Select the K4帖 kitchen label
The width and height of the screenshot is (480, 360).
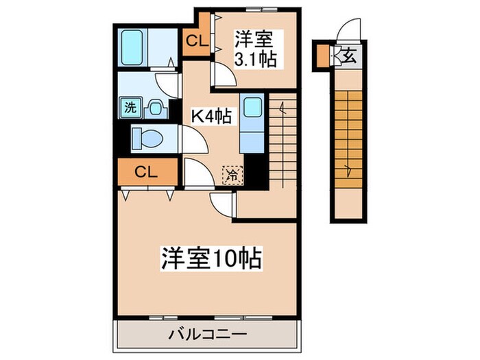coord(210,117)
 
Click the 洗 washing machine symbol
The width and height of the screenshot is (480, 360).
coord(129,107)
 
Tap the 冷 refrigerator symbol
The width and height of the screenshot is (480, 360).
coord(232,175)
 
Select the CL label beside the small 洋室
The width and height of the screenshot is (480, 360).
coord(195,41)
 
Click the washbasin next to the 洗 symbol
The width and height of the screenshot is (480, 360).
coord(156,107)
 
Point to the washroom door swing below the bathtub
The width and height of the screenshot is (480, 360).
coord(167,84)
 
